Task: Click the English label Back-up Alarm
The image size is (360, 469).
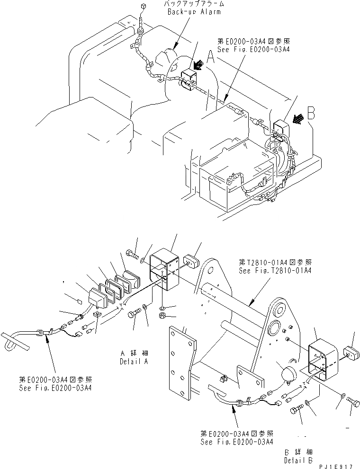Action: click(x=194, y=11)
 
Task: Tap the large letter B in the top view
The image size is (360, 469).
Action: click(x=311, y=113)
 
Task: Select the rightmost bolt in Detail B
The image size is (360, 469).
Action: click(x=353, y=402)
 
